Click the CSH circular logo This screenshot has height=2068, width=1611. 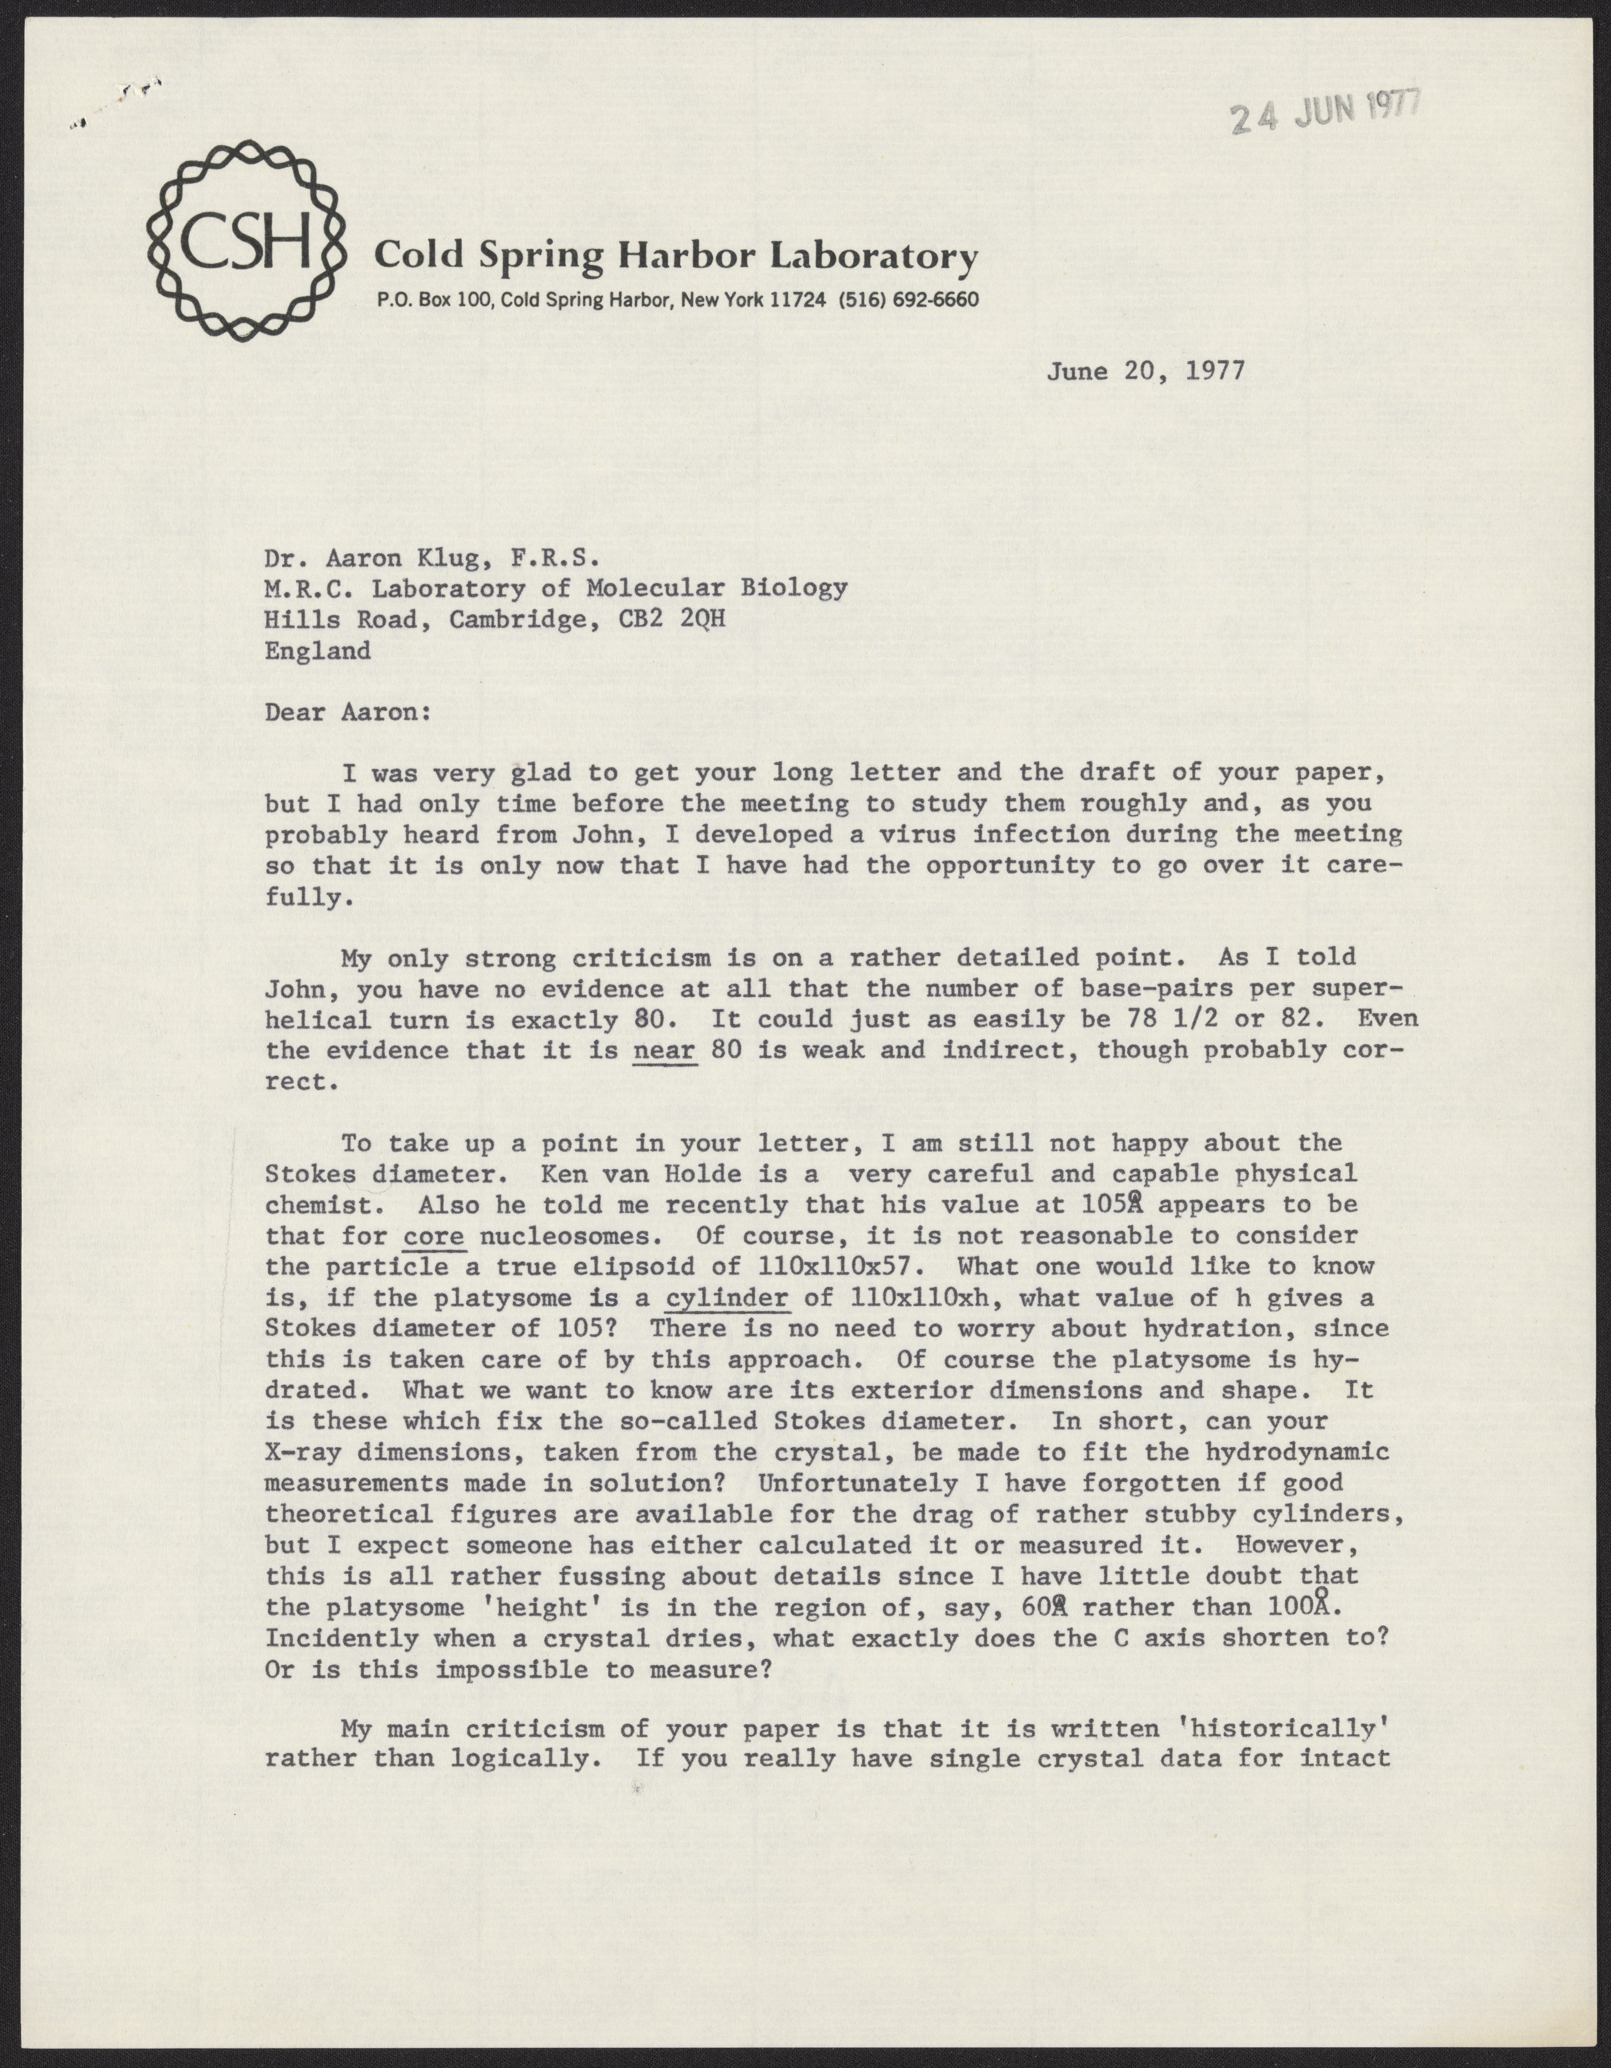coord(244,241)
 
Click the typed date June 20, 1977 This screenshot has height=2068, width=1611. coord(1145,370)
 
